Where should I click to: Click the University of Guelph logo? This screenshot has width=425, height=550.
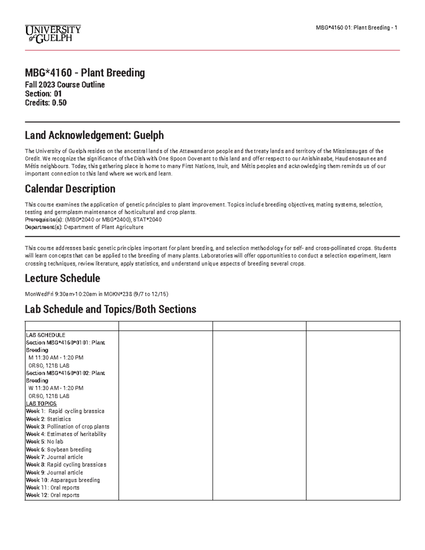coord(53,34)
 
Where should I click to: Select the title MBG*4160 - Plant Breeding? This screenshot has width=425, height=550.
coord(85,73)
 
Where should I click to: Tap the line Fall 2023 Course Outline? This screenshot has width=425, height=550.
coord(65,85)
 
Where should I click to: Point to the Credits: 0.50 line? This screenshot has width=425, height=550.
coord(46,103)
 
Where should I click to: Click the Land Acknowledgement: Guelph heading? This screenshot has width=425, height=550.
coord(94,135)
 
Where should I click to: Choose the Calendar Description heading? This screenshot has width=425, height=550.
coord(70,189)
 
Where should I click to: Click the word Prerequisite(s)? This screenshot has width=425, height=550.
coord(40,220)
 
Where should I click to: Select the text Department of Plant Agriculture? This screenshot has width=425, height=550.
coord(103,227)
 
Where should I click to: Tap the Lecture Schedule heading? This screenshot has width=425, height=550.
coord(62,278)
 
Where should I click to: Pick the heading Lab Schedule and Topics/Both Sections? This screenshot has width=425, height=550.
coord(110,310)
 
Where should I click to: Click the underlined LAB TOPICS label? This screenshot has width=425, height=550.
coord(41,404)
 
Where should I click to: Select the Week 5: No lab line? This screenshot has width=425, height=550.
coord(45,442)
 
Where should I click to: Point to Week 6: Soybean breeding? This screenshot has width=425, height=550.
coord(59,449)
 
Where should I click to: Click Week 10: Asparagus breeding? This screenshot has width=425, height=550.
coord(63,480)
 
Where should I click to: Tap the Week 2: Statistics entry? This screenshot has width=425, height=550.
coord(49,419)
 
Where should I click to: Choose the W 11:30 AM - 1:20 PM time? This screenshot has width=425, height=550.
coord(56,388)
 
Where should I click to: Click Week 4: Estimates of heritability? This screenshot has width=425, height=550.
coord(66,434)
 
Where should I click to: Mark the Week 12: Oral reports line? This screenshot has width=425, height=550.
coord(53,495)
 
